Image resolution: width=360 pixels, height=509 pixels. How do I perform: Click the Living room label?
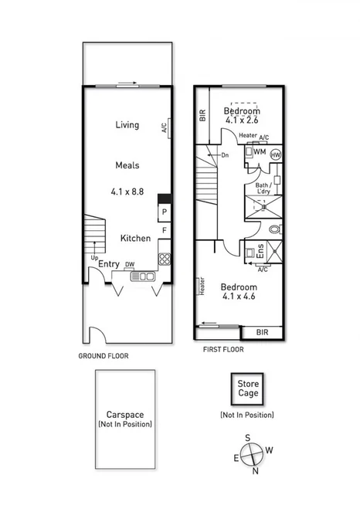(127, 125)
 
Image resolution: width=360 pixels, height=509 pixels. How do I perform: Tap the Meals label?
(127, 165)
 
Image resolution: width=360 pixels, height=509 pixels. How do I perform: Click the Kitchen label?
(135, 239)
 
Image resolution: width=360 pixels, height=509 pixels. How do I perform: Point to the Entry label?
(109, 264)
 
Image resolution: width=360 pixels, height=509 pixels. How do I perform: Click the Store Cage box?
(248, 389)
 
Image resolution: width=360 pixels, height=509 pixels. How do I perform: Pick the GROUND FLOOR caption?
(103, 356)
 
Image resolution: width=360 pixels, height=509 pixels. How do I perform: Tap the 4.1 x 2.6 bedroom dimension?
(243, 120)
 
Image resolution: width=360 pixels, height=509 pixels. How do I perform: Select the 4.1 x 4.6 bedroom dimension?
(239, 295)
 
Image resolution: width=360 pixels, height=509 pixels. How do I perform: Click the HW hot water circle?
(276, 154)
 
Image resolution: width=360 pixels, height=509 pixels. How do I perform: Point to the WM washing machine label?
(260, 152)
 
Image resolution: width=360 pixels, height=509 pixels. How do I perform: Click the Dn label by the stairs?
(225, 156)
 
